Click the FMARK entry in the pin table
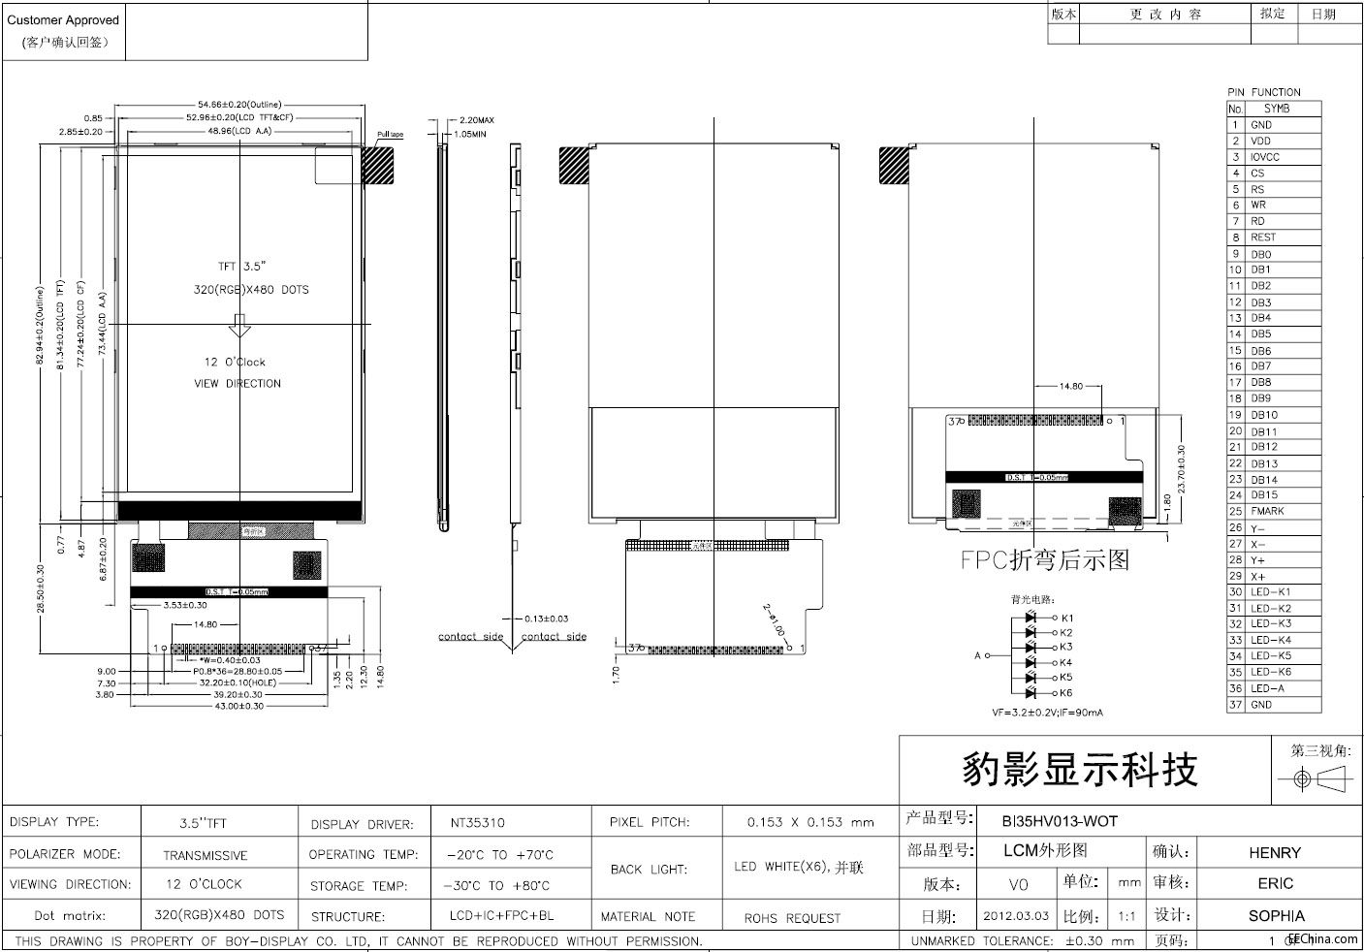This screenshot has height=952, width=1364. (1267, 511)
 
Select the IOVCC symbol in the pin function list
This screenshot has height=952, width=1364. (1264, 157)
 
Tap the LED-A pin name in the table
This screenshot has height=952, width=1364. (1267, 688)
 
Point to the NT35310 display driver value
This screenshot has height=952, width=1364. (477, 823)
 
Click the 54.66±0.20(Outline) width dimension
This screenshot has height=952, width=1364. (239, 104)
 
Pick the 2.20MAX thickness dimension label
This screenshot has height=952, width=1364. (476, 120)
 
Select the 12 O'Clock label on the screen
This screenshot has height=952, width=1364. (234, 362)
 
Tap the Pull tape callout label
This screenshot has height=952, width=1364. (390, 135)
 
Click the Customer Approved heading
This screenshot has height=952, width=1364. (63, 19)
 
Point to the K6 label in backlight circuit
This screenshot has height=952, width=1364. (1066, 693)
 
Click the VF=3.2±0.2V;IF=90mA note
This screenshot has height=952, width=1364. (1047, 713)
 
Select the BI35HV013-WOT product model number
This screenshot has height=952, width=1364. (1060, 821)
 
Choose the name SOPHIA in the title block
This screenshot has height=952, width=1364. (1276, 915)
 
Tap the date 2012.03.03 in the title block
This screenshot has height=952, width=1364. (1016, 915)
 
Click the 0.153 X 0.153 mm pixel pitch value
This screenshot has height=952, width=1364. (810, 822)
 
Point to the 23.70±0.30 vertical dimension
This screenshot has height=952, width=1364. (1181, 468)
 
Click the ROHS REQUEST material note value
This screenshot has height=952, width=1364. (792, 918)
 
